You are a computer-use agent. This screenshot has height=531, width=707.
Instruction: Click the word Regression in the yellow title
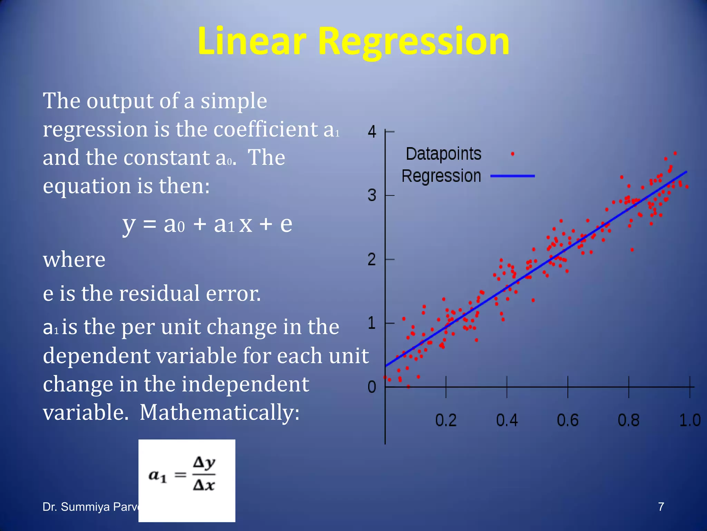pyautogui.click(x=413, y=41)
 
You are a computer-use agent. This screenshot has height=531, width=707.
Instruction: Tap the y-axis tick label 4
pyautogui.click(x=372, y=132)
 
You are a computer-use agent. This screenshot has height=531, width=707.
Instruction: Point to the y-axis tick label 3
pyautogui.click(x=372, y=195)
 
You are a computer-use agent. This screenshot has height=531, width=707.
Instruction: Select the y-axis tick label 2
pyautogui.click(x=372, y=259)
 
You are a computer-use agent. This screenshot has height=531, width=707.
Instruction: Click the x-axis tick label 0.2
pyautogui.click(x=446, y=420)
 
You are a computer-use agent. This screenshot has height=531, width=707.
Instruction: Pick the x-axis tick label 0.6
pyautogui.click(x=568, y=420)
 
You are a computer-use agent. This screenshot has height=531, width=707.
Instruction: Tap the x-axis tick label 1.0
pyautogui.click(x=690, y=420)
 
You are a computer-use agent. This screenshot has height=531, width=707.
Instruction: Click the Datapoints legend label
pyautogui.click(x=444, y=154)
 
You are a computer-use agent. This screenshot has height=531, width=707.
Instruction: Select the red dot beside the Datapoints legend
pyautogui.click(x=513, y=154)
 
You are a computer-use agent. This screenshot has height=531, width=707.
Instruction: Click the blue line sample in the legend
pyautogui.click(x=513, y=176)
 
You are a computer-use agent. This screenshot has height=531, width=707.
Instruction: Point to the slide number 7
pyautogui.click(x=661, y=507)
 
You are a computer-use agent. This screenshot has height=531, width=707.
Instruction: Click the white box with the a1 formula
pyautogui.click(x=187, y=481)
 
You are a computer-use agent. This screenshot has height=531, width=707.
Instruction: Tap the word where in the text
pyautogui.click(x=74, y=260)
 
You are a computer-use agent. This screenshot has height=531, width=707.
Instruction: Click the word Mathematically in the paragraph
pyautogui.click(x=220, y=412)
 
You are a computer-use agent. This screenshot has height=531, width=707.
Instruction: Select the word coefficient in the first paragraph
pyautogui.click(x=266, y=129)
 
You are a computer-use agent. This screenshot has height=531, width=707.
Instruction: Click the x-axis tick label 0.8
pyautogui.click(x=629, y=420)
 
